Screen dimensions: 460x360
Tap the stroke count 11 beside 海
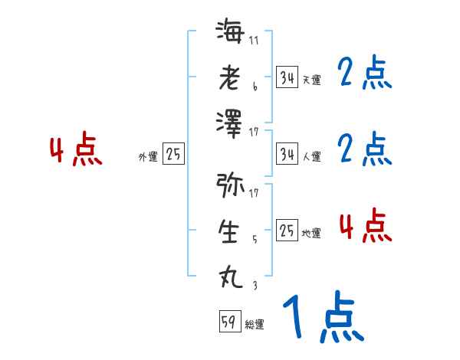[254, 41]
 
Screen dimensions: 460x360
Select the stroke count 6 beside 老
[254, 87]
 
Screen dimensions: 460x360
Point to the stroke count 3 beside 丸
[254, 284]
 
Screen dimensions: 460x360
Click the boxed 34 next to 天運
[287, 77]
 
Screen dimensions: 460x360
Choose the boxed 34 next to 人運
[287, 154]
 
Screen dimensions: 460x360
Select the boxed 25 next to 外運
[173, 155]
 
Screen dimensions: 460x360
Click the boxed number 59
[228, 322]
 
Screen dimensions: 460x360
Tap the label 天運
[311, 80]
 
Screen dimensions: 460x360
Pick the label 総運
[255, 325]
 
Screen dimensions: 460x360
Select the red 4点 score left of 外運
[75, 150]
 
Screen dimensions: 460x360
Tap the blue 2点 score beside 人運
[364, 149]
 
